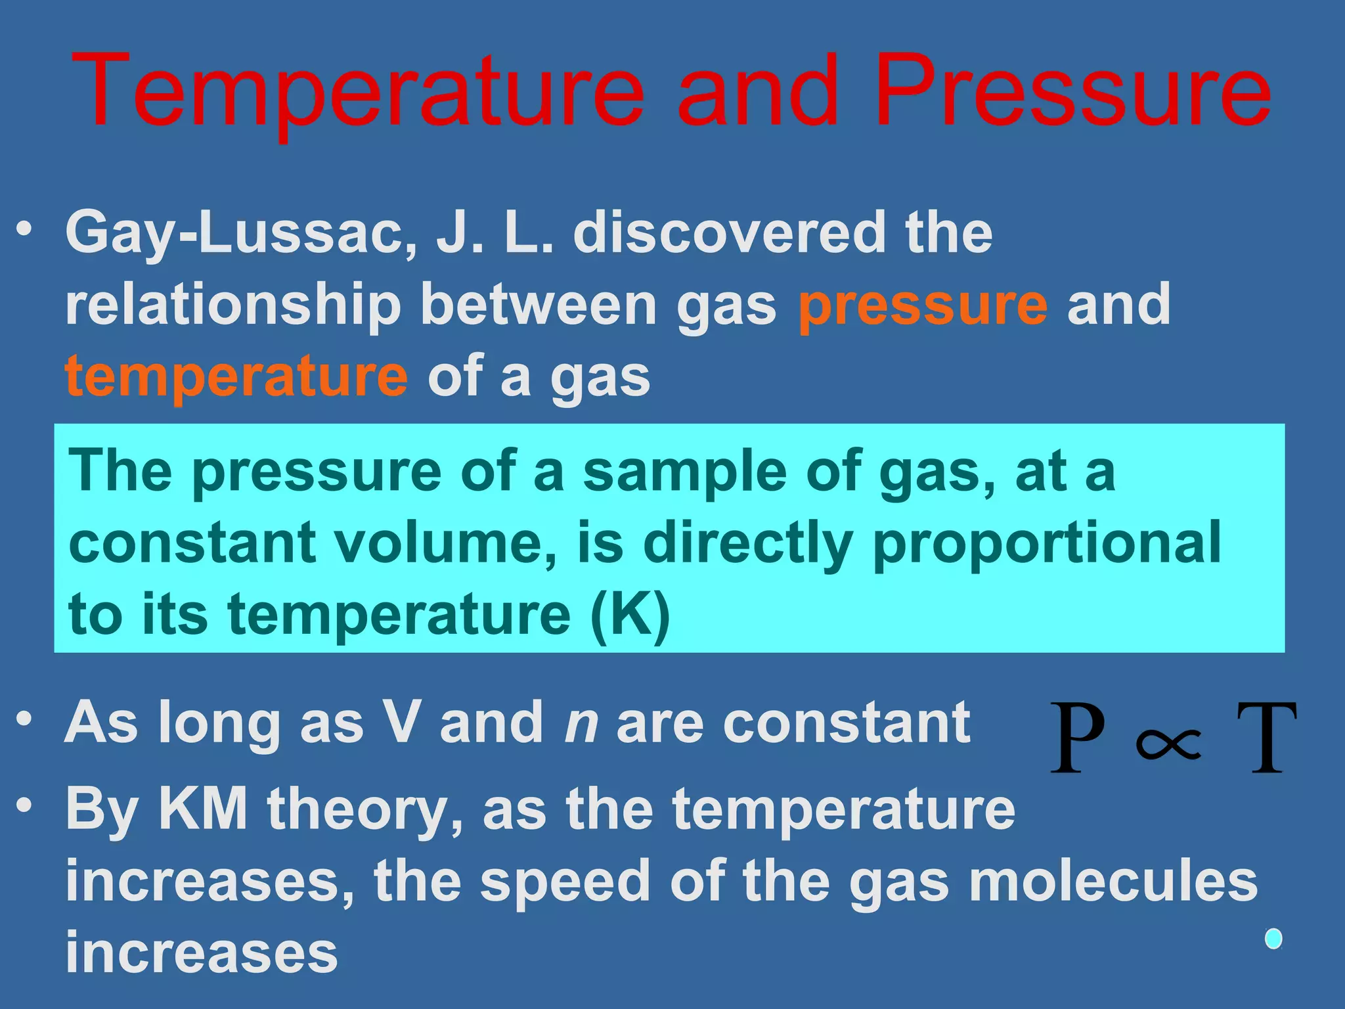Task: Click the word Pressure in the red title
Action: coord(1072,92)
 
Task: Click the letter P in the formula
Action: coord(1077,738)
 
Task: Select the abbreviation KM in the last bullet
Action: coord(203,809)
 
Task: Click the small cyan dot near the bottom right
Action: coord(1273,939)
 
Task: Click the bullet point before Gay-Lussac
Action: coord(25,230)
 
